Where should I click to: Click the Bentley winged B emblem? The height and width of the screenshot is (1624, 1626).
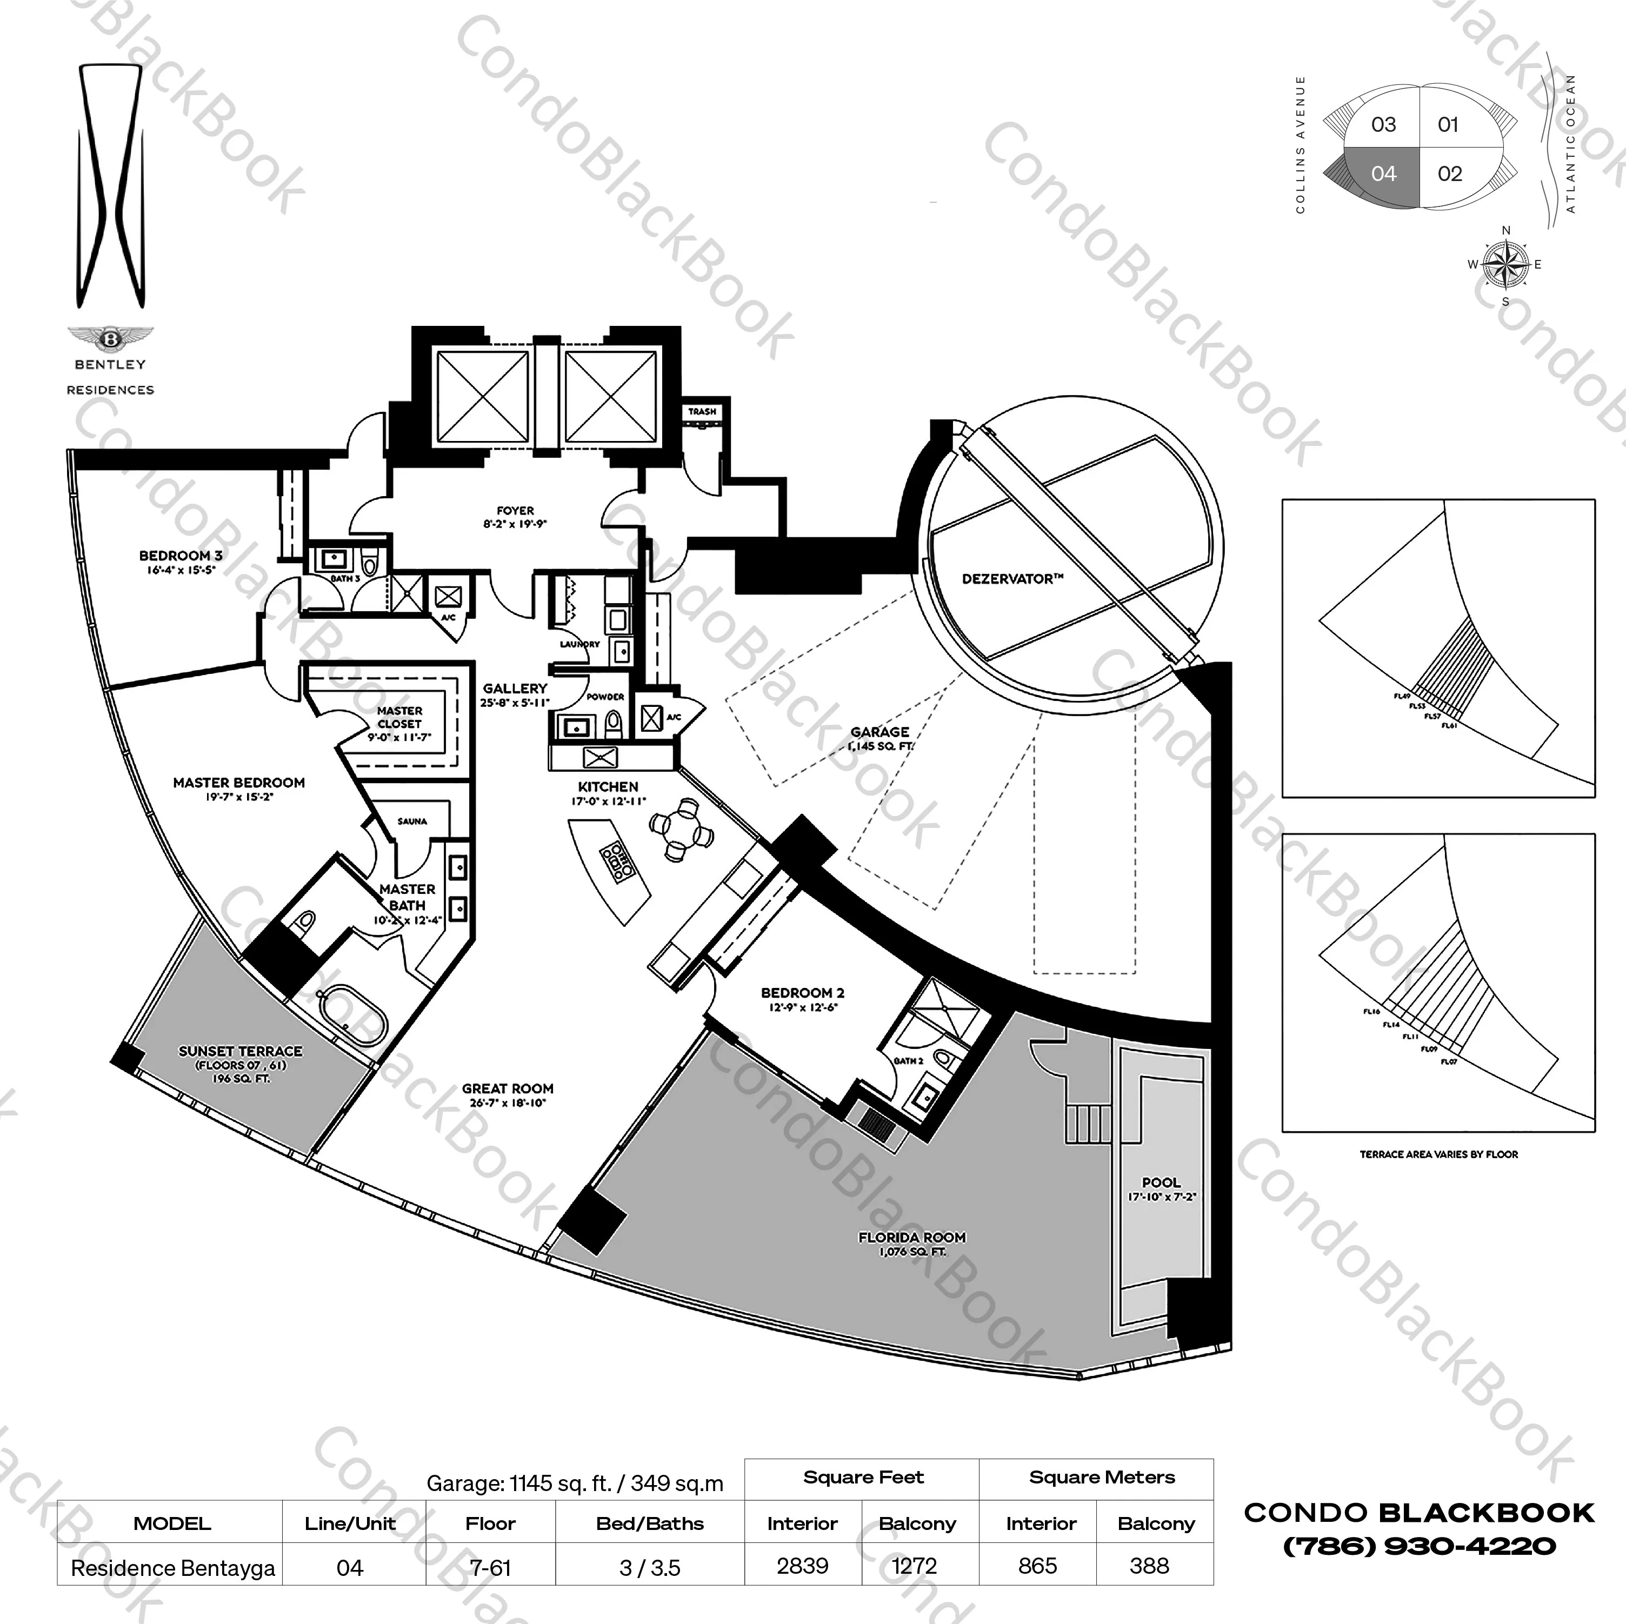click(110, 338)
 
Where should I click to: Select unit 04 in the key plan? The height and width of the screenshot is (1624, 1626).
click(1383, 174)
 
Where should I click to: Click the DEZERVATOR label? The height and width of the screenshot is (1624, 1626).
click(1012, 579)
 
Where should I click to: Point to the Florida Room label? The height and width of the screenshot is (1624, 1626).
click(911, 1238)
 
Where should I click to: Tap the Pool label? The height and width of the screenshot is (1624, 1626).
click(1161, 1182)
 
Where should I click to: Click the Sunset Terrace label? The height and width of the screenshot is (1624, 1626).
click(240, 1052)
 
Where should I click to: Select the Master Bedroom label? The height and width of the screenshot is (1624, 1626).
click(239, 783)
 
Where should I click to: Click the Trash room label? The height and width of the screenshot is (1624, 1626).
click(702, 411)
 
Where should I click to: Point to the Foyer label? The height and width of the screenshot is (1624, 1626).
click(515, 511)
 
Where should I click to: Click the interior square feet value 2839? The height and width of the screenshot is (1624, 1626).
click(802, 1566)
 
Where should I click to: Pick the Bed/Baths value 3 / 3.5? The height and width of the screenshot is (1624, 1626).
click(650, 1568)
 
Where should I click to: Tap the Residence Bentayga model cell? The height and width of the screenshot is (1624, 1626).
click(172, 1568)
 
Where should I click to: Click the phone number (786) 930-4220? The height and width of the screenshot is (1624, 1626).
click(1419, 1546)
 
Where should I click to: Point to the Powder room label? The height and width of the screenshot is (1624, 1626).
click(605, 697)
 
